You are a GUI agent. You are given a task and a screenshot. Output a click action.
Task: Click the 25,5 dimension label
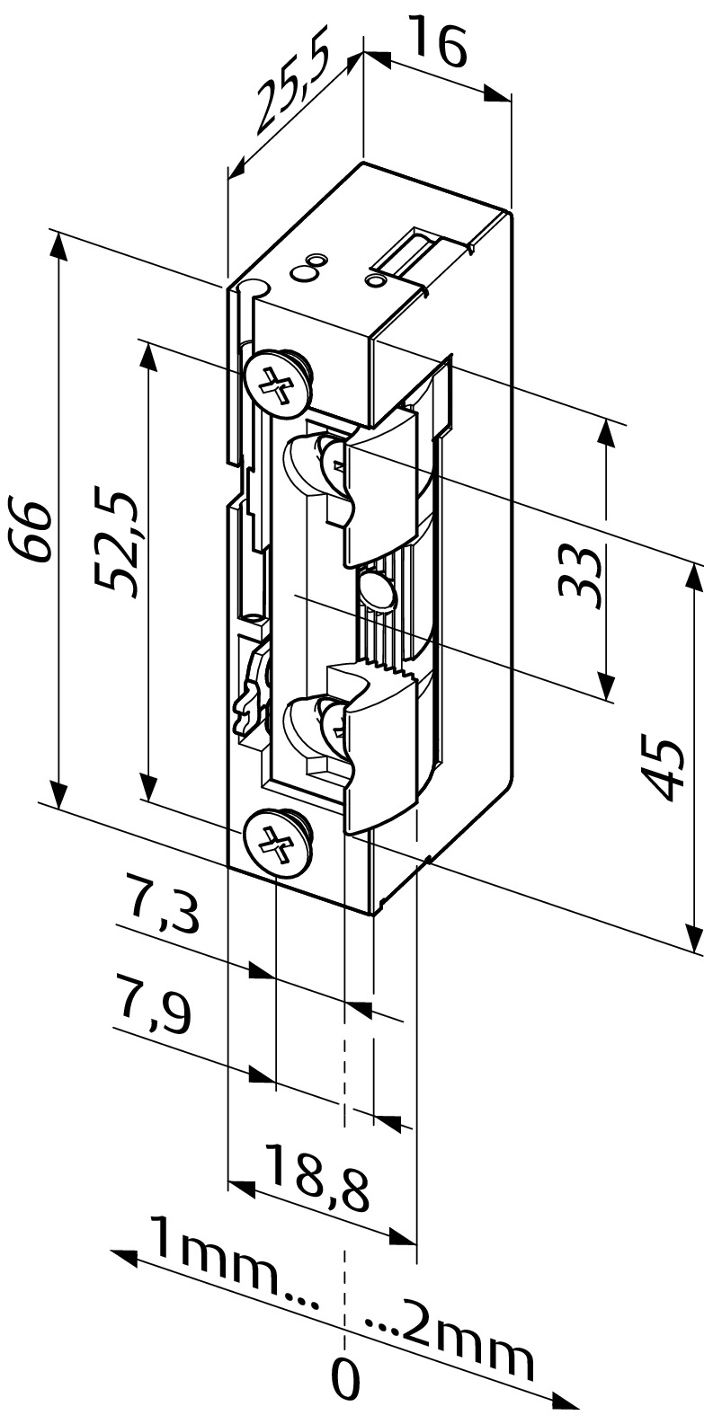pos(294,90)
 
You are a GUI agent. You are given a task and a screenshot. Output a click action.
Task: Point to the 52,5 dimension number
pos(115,543)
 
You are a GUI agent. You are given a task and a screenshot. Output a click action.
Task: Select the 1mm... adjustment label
pos(236,1259)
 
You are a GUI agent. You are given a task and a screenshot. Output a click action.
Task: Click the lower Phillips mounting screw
pos(275,843)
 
